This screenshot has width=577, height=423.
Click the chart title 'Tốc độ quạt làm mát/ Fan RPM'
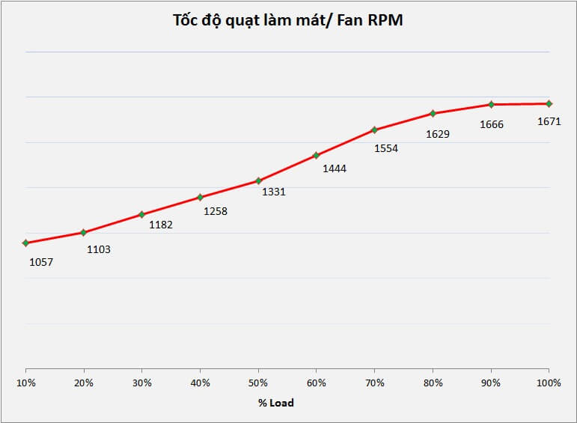pos(288,20)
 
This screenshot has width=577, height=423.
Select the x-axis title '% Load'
pos(276,403)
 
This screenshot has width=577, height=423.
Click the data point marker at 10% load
pos(25,243)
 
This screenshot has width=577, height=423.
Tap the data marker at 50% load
pos(258,180)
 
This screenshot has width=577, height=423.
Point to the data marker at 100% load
pos(549,103)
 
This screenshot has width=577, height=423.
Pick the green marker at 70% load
pos(374,130)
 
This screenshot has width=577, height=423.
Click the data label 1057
pos(41,262)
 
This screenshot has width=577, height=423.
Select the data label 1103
pos(98,249)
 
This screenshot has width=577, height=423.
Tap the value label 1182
pos(160,225)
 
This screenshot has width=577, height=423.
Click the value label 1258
pos(215,211)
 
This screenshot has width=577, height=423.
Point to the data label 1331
pos(273,192)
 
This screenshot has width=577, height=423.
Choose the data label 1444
pos(334,168)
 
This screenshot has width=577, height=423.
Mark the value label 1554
pos(385,148)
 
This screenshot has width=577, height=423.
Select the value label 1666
pos(492,124)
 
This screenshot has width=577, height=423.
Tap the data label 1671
pos(549,121)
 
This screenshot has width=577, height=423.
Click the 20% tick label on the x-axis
pos(84,383)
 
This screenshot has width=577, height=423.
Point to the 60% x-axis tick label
pos(317,383)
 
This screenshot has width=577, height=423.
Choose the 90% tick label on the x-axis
pos(491,383)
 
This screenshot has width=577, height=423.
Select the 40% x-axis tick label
pos(200,383)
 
